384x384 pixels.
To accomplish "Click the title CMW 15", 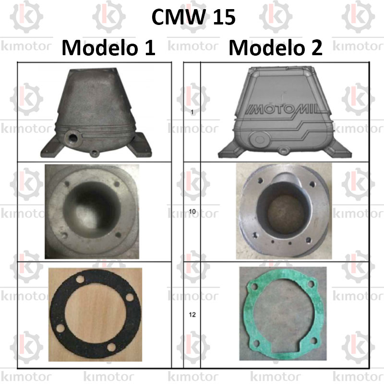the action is [x=193, y=17].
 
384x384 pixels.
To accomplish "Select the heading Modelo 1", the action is [x=108, y=47].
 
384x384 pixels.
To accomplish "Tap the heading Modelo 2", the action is [x=276, y=47].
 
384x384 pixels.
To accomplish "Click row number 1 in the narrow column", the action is [x=192, y=112].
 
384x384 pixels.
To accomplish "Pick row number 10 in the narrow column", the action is [x=192, y=211].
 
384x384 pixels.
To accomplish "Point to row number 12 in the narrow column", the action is [x=192, y=314].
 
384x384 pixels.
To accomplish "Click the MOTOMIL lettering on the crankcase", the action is [x=282, y=110].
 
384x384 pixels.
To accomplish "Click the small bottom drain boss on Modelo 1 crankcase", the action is [x=94, y=154].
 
